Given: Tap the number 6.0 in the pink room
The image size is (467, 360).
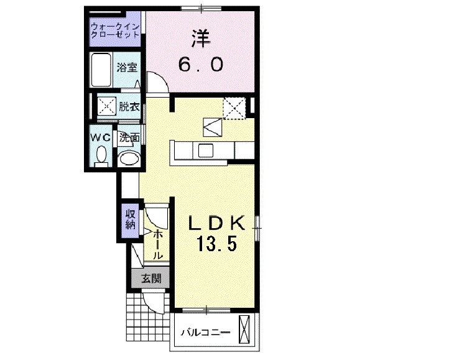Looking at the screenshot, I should click(x=200, y=64).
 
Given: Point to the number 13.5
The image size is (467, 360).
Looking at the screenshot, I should click(x=216, y=244).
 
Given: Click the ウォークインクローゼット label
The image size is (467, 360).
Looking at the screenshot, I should click(x=115, y=31).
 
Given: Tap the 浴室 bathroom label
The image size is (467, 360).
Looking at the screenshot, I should click(x=127, y=67).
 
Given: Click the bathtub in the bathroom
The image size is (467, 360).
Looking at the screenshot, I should click(x=100, y=70).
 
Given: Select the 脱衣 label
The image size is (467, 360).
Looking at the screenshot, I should click(x=129, y=107).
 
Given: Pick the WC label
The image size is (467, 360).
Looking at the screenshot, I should click(x=101, y=137).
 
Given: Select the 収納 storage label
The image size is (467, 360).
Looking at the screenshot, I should click(x=130, y=220).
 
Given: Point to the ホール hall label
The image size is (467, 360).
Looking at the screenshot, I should click(x=159, y=243).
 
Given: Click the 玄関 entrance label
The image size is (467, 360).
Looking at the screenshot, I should click(x=149, y=279).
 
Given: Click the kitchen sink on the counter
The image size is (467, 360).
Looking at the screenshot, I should click(x=205, y=150).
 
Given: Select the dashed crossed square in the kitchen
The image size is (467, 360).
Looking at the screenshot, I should click(x=235, y=108).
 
